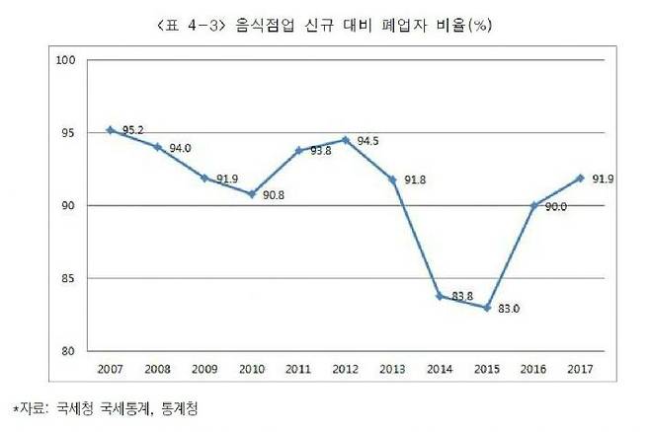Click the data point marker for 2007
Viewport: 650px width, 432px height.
(x=111, y=129)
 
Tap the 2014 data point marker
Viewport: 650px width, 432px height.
(x=438, y=296)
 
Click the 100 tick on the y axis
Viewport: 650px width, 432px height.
(x=66, y=61)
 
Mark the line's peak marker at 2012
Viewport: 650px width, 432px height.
(x=344, y=140)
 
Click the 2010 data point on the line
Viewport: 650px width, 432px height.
(x=251, y=193)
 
